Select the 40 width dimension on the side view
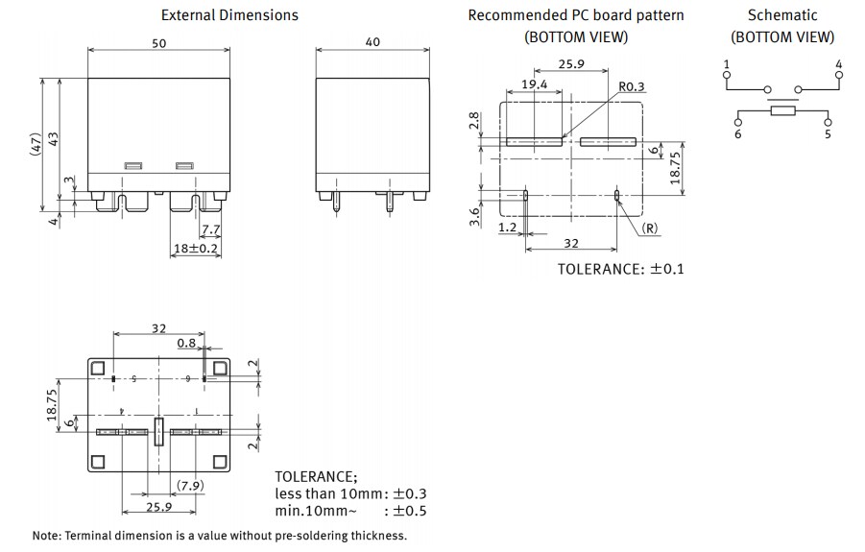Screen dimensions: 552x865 point(372,43)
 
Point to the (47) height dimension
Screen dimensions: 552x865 point(36,144)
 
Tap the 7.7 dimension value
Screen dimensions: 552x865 point(211,228)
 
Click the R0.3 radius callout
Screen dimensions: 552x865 point(632,87)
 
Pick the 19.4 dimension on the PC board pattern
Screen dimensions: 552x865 point(535,85)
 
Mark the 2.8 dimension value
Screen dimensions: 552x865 point(474,121)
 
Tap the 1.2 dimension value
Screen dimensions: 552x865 point(508,228)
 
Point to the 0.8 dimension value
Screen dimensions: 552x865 point(186,343)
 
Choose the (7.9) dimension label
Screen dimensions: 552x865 point(189,485)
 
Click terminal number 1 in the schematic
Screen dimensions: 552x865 point(727,63)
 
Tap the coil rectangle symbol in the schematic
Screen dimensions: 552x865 point(782,111)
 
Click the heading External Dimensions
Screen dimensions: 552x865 point(229,15)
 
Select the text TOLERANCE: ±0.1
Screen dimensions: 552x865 point(620,269)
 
